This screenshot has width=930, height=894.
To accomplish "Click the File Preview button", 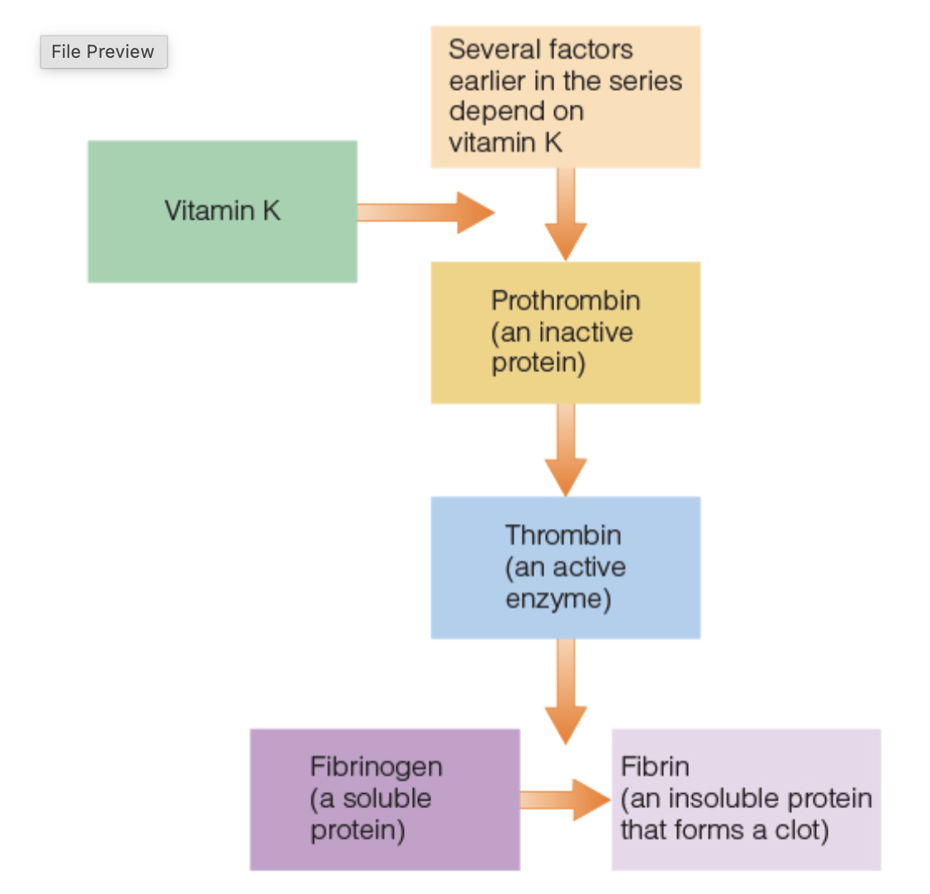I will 103,52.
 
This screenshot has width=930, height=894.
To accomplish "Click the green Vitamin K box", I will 222,212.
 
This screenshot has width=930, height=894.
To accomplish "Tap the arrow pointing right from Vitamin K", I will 425,212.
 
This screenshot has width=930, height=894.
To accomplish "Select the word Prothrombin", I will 566,301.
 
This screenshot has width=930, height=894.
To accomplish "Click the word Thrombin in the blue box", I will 563,535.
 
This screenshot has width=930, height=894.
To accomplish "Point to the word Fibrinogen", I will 377,767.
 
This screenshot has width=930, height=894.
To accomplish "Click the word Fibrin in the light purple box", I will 655,767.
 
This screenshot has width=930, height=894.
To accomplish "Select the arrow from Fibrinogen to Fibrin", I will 565,799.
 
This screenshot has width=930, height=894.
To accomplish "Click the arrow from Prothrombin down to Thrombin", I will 566,449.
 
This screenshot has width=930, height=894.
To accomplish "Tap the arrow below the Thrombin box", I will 566,691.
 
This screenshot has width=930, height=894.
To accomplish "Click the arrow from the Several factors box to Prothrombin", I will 566,214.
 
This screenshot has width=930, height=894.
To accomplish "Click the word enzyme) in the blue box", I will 558,599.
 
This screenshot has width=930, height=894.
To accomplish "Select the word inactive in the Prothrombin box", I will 586,332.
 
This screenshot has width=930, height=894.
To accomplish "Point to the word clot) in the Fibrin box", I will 800,830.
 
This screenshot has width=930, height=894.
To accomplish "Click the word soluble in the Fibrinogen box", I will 387,799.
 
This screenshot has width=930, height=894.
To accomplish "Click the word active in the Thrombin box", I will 590,568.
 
